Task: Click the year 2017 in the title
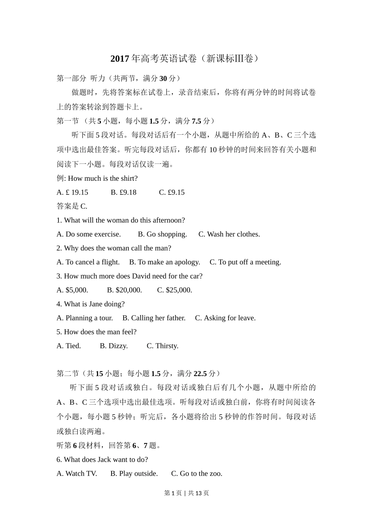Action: (120, 59)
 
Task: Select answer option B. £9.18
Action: (123, 192)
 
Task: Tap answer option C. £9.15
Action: (172, 192)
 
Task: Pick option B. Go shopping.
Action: (162, 234)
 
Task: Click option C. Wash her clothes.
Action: (229, 234)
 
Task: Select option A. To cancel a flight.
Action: (88, 262)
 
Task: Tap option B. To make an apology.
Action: (165, 262)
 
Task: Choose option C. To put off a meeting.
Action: (245, 262)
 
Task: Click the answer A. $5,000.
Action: (72, 290)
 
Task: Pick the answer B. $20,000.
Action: (124, 290)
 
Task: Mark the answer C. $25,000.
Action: (175, 290)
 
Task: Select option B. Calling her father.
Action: (154, 318)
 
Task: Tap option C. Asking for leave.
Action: (225, 318)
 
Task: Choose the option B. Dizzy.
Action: (114, 346)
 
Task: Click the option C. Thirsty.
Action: (163, 346)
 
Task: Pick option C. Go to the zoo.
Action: (197, 474)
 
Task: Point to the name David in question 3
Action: (141, 276)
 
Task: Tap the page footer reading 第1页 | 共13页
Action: (186, 493)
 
